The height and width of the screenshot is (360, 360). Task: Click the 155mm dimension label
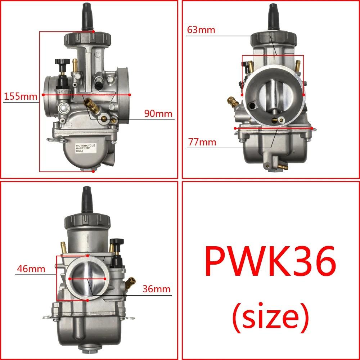pos(21,96)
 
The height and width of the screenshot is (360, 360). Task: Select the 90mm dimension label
pos(158,113)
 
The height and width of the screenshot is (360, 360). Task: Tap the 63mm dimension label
pos(201,30)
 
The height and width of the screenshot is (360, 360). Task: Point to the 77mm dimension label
pos(202,142)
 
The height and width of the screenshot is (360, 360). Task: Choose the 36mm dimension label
pos(156,289)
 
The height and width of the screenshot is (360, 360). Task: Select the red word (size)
pos(270,316)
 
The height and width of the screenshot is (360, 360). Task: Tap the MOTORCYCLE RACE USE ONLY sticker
pos(85,149)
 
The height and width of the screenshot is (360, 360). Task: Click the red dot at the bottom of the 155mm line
pos(93,172)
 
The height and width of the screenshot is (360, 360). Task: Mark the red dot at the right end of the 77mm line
pos(312,128)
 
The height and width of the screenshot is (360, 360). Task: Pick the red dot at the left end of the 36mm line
pos(69,279)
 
